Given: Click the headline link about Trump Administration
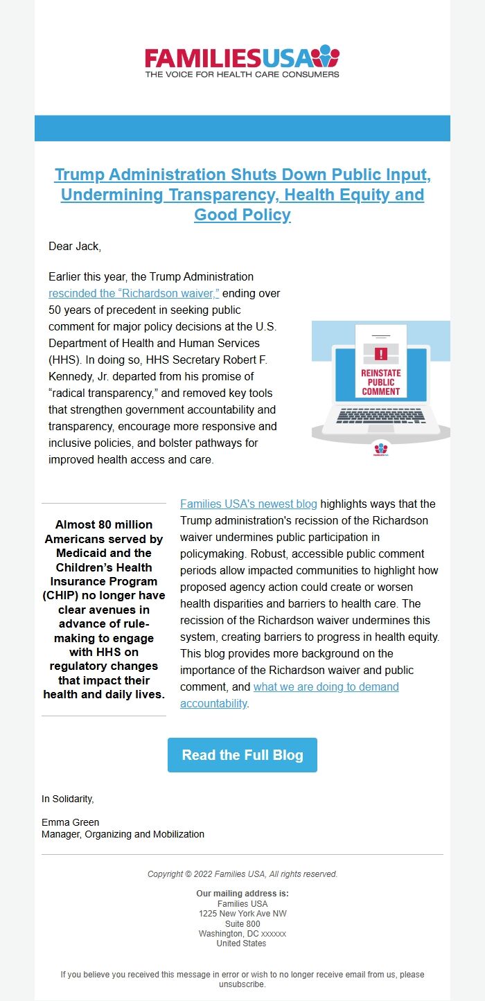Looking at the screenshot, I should (242, 195).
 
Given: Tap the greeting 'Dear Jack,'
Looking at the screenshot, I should (75, 246).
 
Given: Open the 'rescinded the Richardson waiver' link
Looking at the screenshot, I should (134, 293).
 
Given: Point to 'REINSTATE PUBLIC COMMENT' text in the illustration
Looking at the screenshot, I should (380, 382).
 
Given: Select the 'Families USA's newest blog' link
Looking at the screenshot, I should (248, 504).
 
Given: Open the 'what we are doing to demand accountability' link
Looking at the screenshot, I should (326, 686).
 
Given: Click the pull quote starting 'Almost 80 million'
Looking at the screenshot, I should (104, 609).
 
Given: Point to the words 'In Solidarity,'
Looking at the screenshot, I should (67, 799).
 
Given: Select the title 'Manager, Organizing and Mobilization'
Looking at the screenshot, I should (123, 834).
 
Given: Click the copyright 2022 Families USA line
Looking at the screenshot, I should (242, 874).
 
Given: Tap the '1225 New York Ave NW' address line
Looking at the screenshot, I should (242, 914).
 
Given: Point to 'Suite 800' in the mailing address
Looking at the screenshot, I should (242, 923).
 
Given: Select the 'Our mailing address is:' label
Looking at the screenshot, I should (242, 894).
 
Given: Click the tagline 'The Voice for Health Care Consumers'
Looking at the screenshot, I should (242, 73).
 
